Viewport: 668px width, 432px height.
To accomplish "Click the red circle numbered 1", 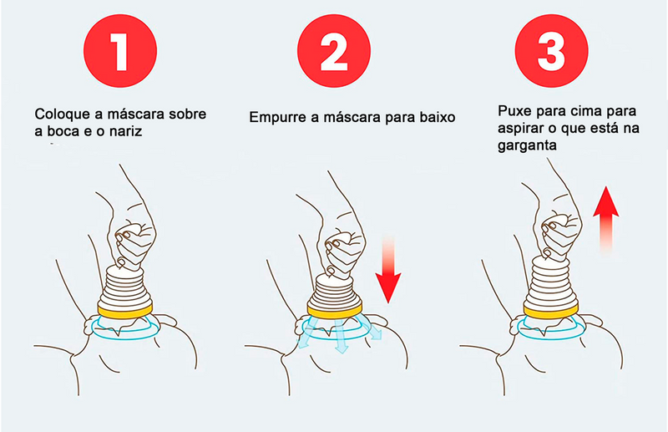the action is (120, 51).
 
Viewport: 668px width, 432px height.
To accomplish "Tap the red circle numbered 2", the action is (334, 51).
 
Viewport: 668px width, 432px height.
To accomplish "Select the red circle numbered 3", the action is (551, 51).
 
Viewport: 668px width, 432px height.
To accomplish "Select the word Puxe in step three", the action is (514, 111).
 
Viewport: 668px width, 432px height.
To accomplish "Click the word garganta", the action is (527, 146).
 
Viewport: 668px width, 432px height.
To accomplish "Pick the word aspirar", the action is (520, 129).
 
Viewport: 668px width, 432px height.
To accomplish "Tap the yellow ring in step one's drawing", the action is (125, 311).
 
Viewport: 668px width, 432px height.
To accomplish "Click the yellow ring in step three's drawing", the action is (551, 311).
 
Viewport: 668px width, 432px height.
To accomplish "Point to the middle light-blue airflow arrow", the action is (341, 337).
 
